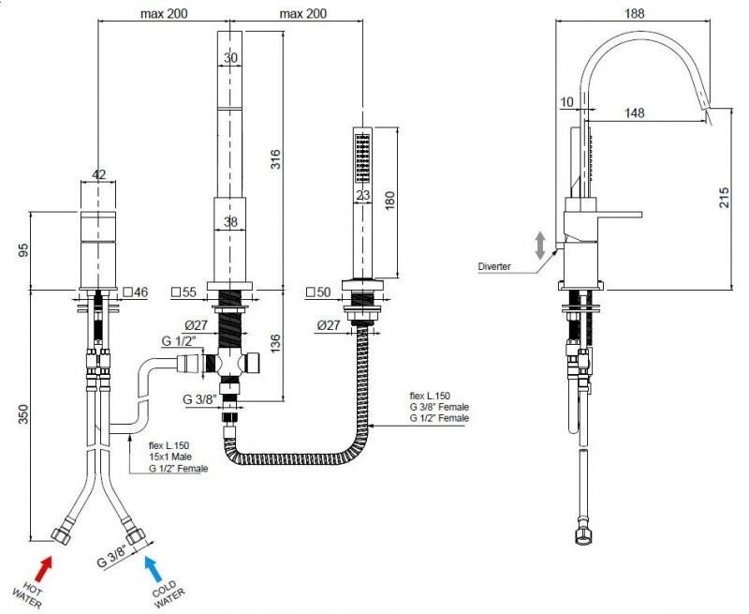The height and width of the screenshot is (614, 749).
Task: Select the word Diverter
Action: (x=494, y=267)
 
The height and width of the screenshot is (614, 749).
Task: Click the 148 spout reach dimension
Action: (x=635, y=113)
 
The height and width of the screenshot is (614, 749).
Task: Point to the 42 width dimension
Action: (x=101, y=174)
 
